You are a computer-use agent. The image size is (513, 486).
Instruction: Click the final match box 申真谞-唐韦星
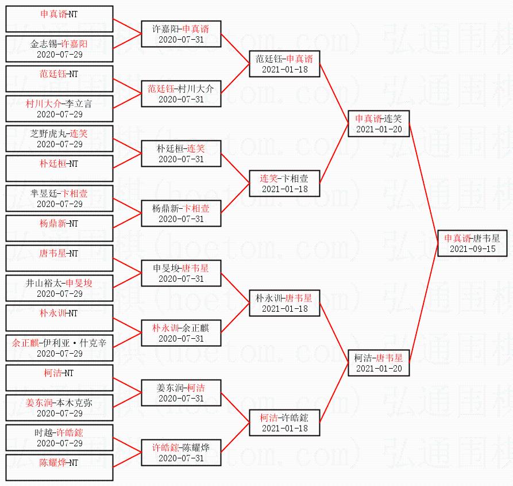pos(472,243)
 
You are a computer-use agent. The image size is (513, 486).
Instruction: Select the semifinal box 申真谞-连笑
pos(379,124)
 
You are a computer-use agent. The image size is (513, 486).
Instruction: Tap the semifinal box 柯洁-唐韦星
pos(379,363)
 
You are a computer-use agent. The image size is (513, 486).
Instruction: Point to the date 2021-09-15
pos(472,249)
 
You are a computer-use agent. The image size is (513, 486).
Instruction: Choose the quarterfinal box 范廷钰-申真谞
pos(284,64)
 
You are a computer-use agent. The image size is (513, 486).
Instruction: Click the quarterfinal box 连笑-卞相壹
pos(284,183)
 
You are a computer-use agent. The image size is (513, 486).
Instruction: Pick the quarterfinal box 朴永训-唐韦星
pos(284,303)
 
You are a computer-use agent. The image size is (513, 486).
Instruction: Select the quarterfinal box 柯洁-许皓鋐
pos(284,423)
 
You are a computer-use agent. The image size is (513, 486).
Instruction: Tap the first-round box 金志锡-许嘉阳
pos(59,49)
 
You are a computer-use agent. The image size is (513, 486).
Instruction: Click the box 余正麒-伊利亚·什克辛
pos(59,348)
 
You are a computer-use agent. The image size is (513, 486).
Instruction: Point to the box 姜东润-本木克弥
pos(59,408)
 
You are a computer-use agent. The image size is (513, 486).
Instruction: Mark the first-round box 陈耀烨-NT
pos(59,468)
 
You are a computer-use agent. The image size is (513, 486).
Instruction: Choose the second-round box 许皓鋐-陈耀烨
pos(181,453)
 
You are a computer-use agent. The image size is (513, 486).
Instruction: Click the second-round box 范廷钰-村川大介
pos(181,94)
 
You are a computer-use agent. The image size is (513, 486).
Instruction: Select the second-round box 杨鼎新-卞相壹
pos(181,213)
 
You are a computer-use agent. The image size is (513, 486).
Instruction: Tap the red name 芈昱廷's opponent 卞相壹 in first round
pos(74,193)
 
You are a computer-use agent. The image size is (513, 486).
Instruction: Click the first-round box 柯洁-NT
pos(59,378)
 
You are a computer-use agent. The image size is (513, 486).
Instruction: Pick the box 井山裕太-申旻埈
pos(59,288)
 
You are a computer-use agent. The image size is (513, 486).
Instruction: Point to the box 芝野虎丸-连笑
pos(59,139)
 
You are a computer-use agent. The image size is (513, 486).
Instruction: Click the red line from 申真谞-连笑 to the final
pos(424,183)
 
